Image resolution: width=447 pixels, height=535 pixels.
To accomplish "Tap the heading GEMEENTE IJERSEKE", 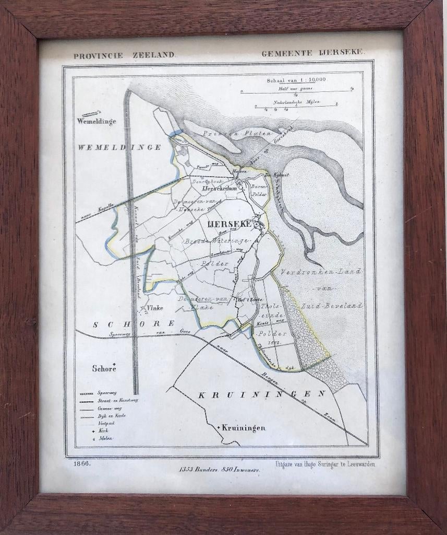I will point(313,53).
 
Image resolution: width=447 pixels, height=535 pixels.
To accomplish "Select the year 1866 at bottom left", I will point(82,463).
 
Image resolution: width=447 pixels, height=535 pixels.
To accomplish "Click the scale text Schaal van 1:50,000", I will point(296,80).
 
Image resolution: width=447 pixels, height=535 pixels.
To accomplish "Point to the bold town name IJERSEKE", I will point(229,224).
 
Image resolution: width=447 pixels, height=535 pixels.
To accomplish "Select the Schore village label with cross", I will point(103,368).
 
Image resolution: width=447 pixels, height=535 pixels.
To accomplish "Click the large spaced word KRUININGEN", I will point(262,394).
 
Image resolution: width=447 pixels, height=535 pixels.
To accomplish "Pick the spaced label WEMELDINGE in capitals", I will point(119,147).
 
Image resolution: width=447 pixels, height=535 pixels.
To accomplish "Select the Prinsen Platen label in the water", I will point(237,134).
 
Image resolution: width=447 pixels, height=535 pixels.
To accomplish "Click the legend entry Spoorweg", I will point(106,392).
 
